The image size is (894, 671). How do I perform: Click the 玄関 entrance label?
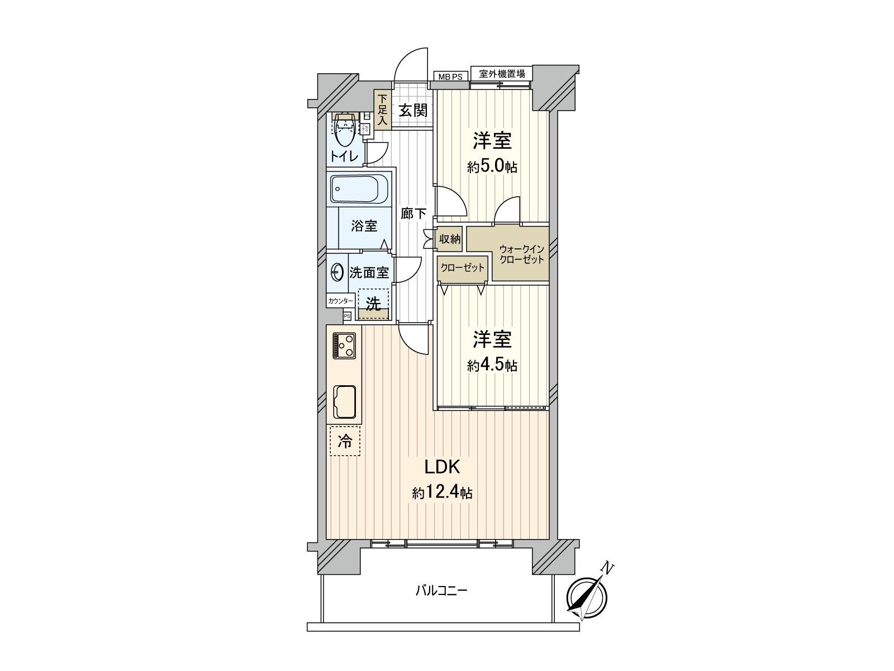[413, 110]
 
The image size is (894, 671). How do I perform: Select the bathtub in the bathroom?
[360, 189]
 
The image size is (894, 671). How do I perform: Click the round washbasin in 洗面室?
[337, 272]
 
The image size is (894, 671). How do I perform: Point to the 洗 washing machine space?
[373, 304]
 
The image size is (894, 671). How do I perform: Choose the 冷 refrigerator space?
[345, 441]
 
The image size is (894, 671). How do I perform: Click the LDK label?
[441, 467]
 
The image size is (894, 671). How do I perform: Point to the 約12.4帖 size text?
[442, 493]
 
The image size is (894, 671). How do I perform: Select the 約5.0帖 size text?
[492, 166]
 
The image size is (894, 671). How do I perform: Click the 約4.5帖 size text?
[492, 366]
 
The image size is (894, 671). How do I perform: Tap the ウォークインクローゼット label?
[521, 254]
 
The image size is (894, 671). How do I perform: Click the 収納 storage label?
[449, 239]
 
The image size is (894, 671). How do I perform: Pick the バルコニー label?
[441, 590]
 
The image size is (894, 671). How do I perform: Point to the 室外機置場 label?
[502, 73]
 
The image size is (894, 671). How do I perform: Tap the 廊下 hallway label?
[413, 213]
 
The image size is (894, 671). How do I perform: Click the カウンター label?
[340, 301]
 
